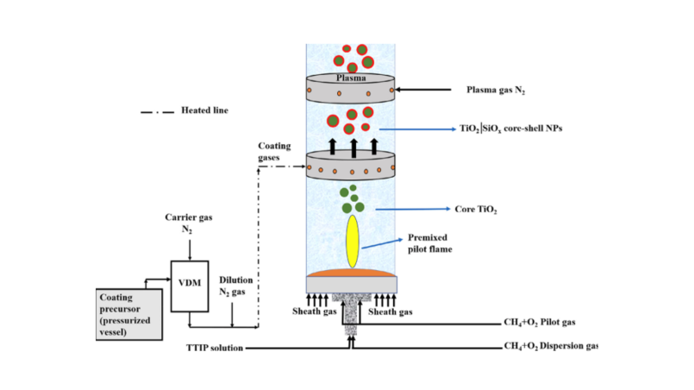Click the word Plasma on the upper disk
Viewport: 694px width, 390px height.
352,77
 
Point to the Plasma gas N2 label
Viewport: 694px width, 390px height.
497,90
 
